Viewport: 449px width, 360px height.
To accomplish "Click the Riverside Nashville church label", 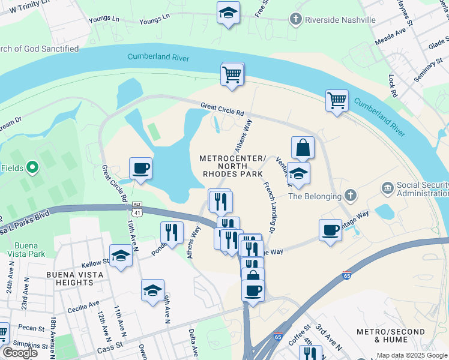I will point(340,20).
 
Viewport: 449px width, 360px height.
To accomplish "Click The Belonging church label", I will point(315,196).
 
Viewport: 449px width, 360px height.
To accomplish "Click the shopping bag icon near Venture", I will point(303,147).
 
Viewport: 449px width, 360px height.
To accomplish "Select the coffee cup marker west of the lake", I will point(140,169).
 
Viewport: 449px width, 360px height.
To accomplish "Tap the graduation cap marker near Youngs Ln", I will point(228,13).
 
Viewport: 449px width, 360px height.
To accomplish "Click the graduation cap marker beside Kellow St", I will point(121,256).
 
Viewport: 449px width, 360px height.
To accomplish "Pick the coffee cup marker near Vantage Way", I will point(330,230).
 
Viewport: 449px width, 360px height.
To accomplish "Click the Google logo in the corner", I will point(20,353).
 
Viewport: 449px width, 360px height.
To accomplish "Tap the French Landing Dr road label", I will point(268,206).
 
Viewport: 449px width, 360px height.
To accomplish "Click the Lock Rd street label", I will point(393,86).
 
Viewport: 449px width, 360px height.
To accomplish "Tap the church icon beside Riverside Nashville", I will point(295,20).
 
